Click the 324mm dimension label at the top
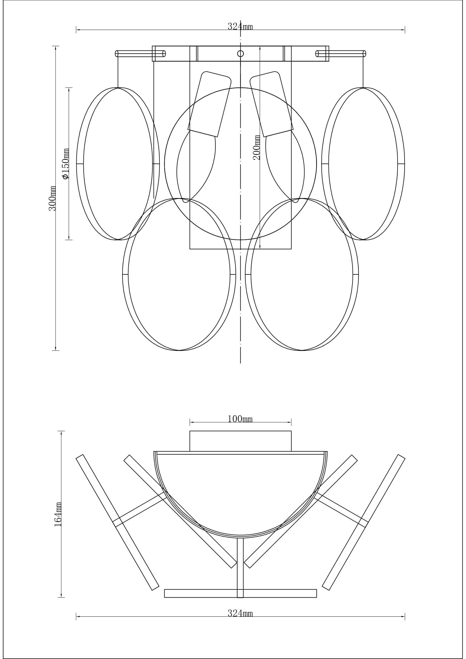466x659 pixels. click(x=240, y=27)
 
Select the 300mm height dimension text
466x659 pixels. click(x=52, y=198)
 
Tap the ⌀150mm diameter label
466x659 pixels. click(x=66, y=164)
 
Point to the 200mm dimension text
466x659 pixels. click(x=257, y=148)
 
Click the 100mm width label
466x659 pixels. click(x=240, y=419)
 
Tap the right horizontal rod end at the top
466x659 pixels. click(x=364, y=54)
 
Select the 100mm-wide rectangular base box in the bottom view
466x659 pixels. click(x=240, y=441)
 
